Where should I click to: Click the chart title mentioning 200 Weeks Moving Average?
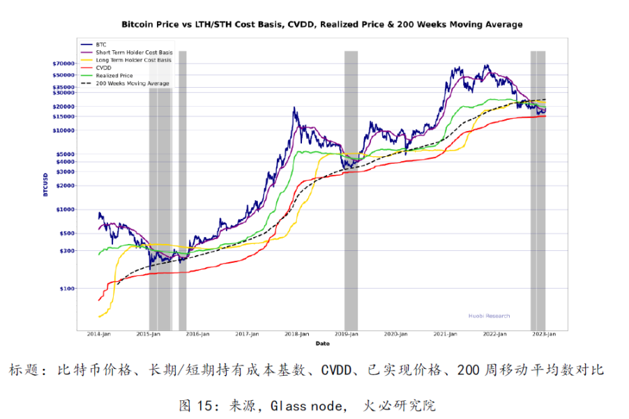tap(321, 24)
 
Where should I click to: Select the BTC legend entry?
tap(101, 44)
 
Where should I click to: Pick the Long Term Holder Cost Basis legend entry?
tap(133, 60)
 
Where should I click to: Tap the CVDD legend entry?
tap(104, 68)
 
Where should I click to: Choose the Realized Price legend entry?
tap(114, 75)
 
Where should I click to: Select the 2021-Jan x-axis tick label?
tap(446, 335)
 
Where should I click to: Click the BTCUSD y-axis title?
tap(45, 184)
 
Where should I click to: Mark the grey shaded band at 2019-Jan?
tap(351, 188)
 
